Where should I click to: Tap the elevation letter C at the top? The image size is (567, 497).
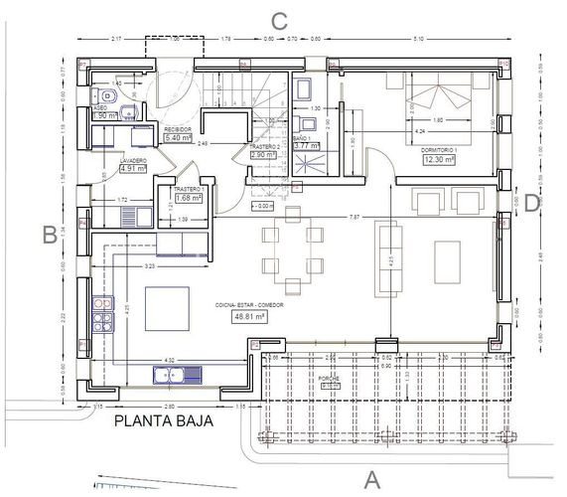click(x=280, y=20)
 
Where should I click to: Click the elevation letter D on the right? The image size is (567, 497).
click(x=532, y=203)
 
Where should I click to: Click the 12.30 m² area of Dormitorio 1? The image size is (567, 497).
click(x=438, y=159)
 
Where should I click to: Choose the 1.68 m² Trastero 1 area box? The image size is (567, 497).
click(x=189, y=197)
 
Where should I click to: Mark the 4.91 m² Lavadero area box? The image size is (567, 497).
click(x=133, y=169)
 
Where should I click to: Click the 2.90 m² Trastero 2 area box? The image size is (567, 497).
click(x=263, y=155)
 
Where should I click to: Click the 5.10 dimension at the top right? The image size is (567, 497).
click(x=418, y=39)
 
